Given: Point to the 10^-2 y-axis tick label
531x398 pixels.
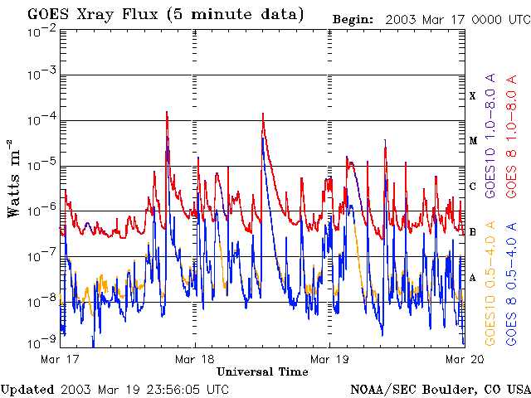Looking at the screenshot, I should click(41, 31).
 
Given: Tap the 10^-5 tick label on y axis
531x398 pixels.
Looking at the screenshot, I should click(41, 166).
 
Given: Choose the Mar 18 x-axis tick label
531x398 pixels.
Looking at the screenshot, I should click(194, 359).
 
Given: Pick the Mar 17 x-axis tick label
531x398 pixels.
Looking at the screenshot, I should click(60, 359).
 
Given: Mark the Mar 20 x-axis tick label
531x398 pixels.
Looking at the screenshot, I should click(463, 359).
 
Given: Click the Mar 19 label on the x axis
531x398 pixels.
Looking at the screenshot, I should click(329, 359).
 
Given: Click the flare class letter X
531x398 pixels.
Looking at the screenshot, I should click(473, 96).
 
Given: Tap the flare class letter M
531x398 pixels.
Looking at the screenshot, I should click(473, 141).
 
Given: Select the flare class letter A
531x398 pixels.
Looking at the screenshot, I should click(473, 277).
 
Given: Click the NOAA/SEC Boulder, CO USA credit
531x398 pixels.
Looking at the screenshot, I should click(440, 389).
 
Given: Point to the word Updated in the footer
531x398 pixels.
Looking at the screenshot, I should click(27, 389).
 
